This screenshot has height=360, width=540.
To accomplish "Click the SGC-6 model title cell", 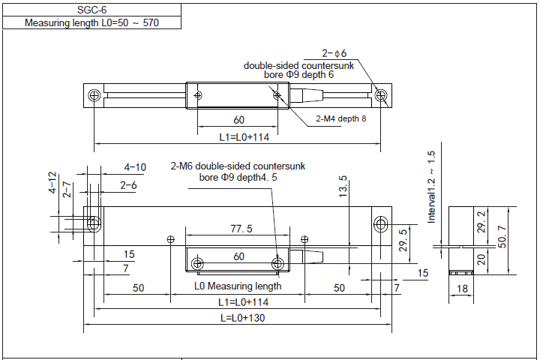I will [91, 10].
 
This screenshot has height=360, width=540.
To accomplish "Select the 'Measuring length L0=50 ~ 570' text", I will [91, 22].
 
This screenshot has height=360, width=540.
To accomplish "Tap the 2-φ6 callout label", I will [334, 53].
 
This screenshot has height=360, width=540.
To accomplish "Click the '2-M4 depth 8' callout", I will [340, 119].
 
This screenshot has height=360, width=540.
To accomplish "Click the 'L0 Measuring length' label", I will [238, 286].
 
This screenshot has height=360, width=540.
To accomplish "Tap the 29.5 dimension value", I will [403, 241].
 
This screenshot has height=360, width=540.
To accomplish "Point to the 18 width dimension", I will [461, 288].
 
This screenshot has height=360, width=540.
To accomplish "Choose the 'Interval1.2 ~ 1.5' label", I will [431, 187].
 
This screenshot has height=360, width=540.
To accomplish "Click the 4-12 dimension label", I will [53, 183].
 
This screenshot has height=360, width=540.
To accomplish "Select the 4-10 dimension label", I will [135, 166].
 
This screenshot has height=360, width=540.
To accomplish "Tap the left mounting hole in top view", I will [94, 96].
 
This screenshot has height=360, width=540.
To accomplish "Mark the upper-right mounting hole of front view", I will [380, 224].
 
